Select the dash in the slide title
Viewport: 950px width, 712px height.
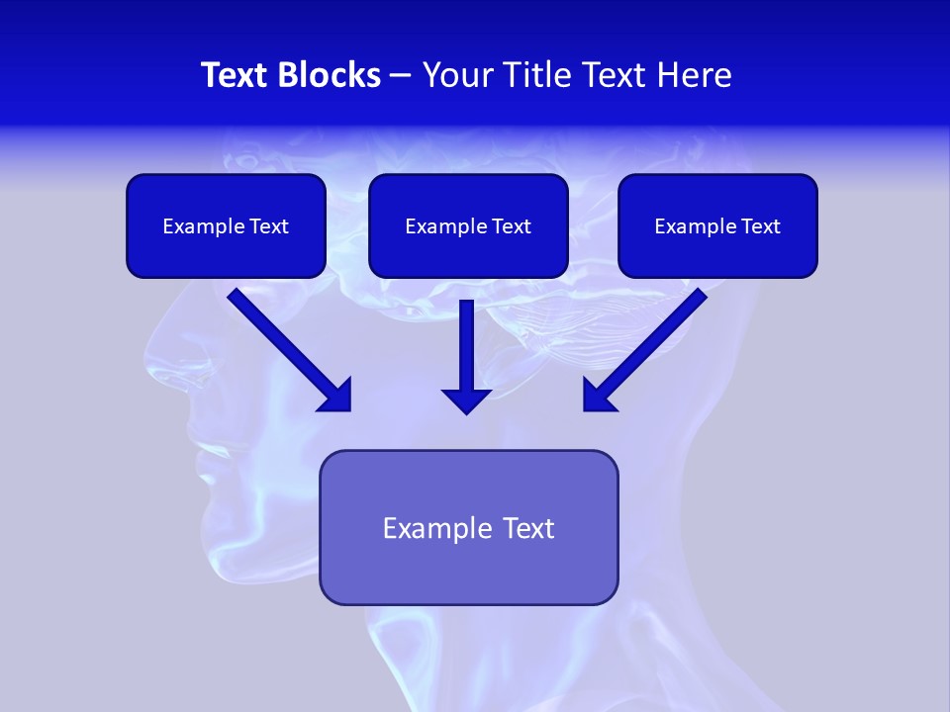401,76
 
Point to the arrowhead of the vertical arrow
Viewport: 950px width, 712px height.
466,400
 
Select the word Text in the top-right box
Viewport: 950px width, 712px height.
760,226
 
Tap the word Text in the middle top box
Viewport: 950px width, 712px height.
511,226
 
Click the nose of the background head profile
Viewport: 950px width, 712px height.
154,351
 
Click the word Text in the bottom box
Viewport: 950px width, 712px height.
529,528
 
